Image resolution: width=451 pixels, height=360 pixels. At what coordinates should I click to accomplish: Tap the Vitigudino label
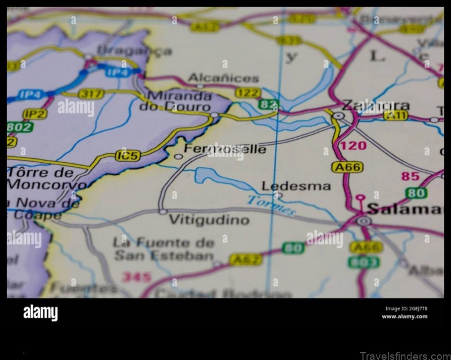(x=209, y=220)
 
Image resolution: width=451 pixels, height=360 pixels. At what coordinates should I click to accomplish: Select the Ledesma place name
(x=288, y=186)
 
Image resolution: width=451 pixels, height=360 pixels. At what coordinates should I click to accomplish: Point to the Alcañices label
(x=223, y=78)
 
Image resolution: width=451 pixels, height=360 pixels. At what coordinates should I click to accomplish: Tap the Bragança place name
(x=134, y=51)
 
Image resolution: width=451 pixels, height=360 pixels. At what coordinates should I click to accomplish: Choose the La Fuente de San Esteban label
(x=163, y=249)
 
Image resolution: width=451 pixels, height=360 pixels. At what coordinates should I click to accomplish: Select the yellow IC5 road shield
(x=127, y=155)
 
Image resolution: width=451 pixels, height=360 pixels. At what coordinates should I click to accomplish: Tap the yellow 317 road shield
(x=91, y=94)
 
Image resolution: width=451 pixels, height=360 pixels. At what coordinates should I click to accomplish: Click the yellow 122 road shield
(x=248, y=93)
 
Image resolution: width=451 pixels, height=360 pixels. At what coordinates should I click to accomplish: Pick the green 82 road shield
(x=269, y=104)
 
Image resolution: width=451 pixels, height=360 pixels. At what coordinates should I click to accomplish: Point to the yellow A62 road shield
(x=245, y=259)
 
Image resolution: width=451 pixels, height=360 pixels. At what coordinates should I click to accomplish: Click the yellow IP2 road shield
(x=35, y=113)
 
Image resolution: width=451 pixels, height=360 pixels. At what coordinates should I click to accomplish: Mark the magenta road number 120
(x=353, y=146)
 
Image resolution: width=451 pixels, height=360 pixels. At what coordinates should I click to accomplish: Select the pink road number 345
(x=136, y=277)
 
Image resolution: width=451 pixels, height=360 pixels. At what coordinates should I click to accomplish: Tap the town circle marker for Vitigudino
(x=163, y=212)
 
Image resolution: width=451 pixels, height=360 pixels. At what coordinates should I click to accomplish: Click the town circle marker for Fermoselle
(x=178, y=157)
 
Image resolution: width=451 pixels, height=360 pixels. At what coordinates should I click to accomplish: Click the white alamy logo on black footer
(x=40, y=313)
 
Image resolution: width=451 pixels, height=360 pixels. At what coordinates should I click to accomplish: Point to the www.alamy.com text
(x=404, y=317)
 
